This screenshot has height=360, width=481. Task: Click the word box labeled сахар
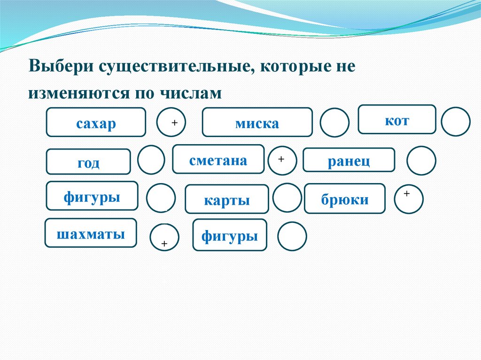pos(96,123)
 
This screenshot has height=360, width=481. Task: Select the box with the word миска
pos(257,123)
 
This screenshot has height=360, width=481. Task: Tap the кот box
pos(397,120)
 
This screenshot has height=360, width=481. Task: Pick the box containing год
pos(88,162)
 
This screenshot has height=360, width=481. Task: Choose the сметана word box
pos(218,160)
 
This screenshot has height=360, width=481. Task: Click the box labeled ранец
pos(349,161)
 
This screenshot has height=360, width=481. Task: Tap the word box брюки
pos(345,199)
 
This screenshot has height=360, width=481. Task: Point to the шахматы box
pos(91,233)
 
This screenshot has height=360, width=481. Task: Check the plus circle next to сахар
pos(171,123)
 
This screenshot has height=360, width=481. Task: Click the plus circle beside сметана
pos(282,161)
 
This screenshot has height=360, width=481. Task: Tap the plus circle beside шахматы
pos(164,237)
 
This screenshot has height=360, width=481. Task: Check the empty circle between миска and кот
pos(334,123)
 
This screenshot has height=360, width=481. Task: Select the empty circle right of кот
pos(456,122)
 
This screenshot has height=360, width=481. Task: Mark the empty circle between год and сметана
pos(151,160)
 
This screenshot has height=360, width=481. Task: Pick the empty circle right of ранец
pos(421,161)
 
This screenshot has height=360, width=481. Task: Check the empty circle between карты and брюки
pos(287,198)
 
